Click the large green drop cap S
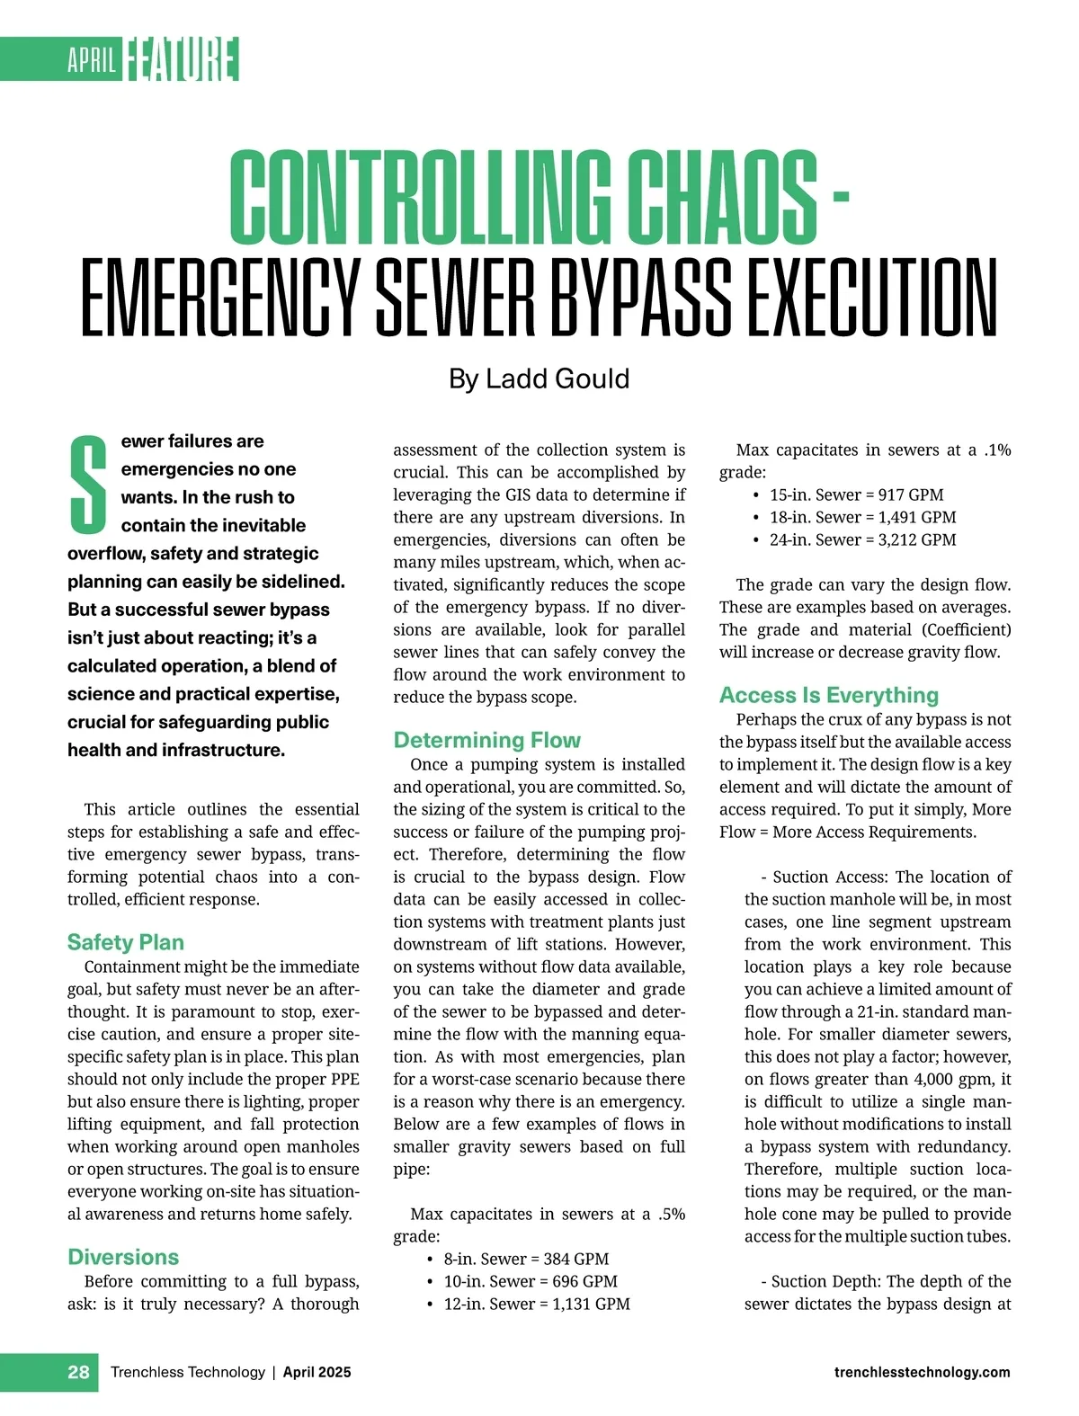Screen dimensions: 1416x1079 click(x=88, y=483)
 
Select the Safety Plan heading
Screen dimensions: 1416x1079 click(x=125, y=942)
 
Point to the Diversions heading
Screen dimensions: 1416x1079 click(x=123, y=1257)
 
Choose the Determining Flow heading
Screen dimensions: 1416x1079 click(x=486, y=740)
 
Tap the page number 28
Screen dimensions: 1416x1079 click(x=78, y=1372)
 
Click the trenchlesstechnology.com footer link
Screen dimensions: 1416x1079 click(x=922, y=1372)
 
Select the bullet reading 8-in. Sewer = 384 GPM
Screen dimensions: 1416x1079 click(x=526, y=1259)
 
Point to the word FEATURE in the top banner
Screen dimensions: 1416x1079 click(x=182, y=60)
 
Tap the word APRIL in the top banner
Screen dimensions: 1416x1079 click(x=92, y=61)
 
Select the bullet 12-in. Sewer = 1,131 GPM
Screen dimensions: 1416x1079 click(x=537, y=1304)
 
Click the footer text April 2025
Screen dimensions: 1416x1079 click(x=317, y=1372)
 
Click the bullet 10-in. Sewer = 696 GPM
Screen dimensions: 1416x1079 click(x=531, y=1281)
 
